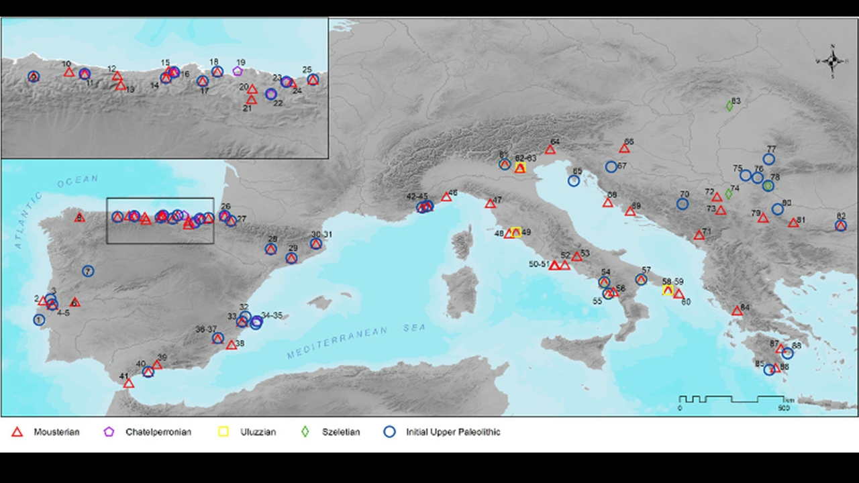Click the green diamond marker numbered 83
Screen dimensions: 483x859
729,105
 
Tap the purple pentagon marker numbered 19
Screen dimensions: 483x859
237,71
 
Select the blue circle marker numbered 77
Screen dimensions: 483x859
768,160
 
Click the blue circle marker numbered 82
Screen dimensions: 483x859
841,226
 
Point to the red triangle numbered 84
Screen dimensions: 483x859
737,311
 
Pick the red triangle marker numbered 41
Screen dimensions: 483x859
129,383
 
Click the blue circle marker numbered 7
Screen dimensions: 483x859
88,271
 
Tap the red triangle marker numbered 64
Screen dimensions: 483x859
550,150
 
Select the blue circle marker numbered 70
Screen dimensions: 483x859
683,204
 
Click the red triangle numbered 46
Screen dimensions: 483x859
446,197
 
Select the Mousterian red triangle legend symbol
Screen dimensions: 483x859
17,432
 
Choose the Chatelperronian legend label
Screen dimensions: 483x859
158,432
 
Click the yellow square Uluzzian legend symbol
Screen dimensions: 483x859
225,432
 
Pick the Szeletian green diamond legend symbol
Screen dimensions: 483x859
305,432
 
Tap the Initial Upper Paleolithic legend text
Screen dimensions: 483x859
453,432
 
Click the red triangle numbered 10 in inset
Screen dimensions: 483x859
68,72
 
